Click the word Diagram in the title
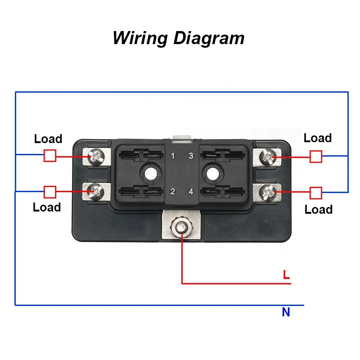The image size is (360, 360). (209, 38)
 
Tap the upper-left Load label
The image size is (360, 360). (48, 139)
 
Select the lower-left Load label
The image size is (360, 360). (47, 207)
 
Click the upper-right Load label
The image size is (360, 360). (318, 138)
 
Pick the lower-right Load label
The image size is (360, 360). (319, 210)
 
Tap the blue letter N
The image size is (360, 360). (286, 312)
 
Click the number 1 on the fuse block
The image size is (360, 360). (172, 157)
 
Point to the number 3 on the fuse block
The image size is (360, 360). (191, 157)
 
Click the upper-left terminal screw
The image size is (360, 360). (96, 157)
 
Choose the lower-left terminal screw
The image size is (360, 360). (96, 191)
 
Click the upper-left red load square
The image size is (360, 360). (50, 156)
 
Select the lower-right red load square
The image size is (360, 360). (316, 193)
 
